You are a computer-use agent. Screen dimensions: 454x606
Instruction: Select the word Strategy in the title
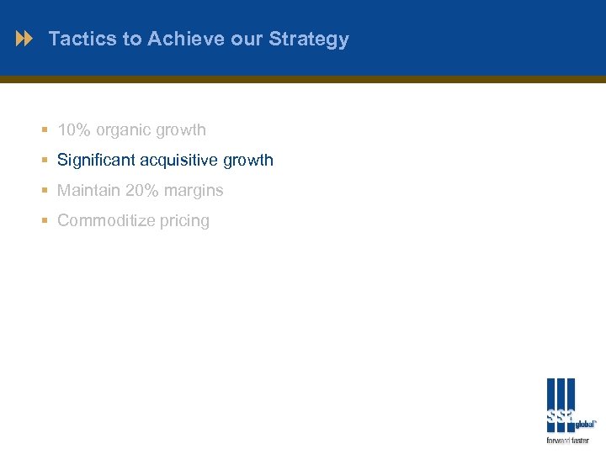coord(310,40)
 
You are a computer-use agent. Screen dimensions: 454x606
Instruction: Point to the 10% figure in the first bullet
coord(74,130)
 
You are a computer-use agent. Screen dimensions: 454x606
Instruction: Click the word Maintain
coord(88,191)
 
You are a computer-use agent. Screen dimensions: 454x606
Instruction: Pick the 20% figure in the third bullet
coord(142,191)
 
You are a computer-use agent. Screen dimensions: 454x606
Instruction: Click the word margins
coord(194,192)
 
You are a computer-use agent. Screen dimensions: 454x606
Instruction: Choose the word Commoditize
coord(106,221)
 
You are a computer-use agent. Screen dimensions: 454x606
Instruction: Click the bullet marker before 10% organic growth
coord(44,130)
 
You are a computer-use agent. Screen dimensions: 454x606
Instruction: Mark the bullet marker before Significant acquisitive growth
coord(44,161)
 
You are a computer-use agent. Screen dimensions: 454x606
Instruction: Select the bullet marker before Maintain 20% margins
coord(44,191)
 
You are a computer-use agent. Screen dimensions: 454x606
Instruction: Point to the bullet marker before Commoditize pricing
coord(44,221)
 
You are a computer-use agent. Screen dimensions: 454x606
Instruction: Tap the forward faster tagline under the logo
coord(568,441)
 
